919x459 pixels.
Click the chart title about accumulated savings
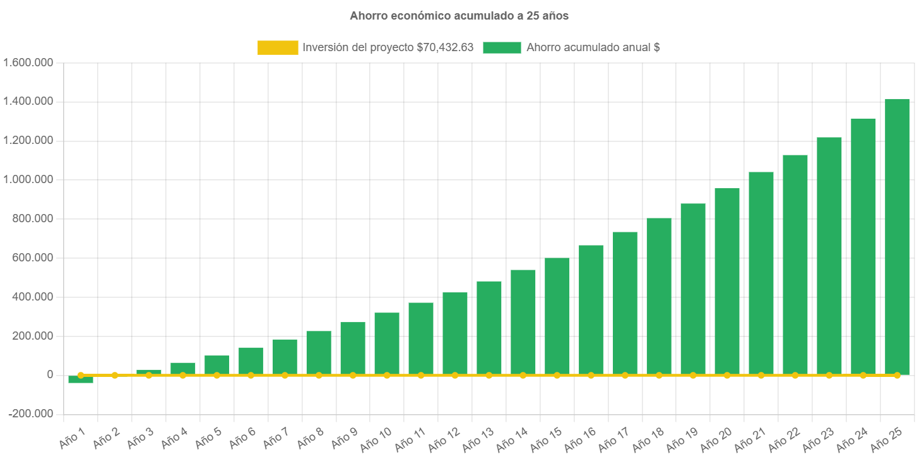click(459, 16)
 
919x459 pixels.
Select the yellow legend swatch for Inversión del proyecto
click(278, 47)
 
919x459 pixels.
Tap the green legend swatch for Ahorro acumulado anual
click(502, 47)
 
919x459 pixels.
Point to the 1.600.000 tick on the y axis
click(28, 63)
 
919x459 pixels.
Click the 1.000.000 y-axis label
click(28, 179)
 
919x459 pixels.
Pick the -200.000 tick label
click(31, 414)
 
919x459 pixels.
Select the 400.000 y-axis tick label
click(32, 297)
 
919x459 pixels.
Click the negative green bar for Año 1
click(81, 379)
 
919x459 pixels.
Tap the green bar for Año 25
click(897, 237)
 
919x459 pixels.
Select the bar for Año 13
click(489, 328)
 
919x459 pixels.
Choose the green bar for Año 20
click(727, 281)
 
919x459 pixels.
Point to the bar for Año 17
click(625, 303)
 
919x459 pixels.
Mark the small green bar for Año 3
click(149, 371)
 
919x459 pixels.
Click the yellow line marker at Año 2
click(115, 375)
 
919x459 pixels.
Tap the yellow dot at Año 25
click(897, 375)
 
